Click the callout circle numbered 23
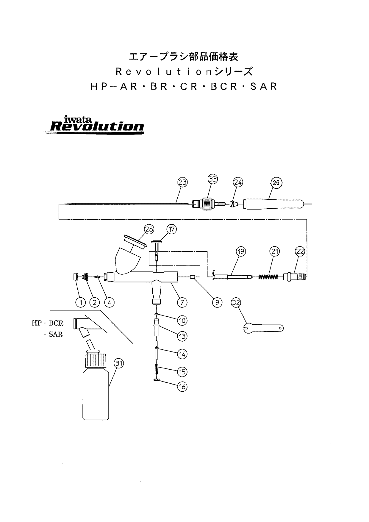[x=183, y=182]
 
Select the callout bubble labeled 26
[x=276, y=182]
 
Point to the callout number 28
[x=149, y=229]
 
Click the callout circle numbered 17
[x=172, y=229]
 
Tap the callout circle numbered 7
[x=182, y=302]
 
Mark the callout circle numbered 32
[x=236, y=303]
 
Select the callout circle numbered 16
[x=182, y=387]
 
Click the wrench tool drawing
[x=263, y=328]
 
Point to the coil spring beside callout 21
[x=268, y=277]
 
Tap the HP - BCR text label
[x=48, y=323]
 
